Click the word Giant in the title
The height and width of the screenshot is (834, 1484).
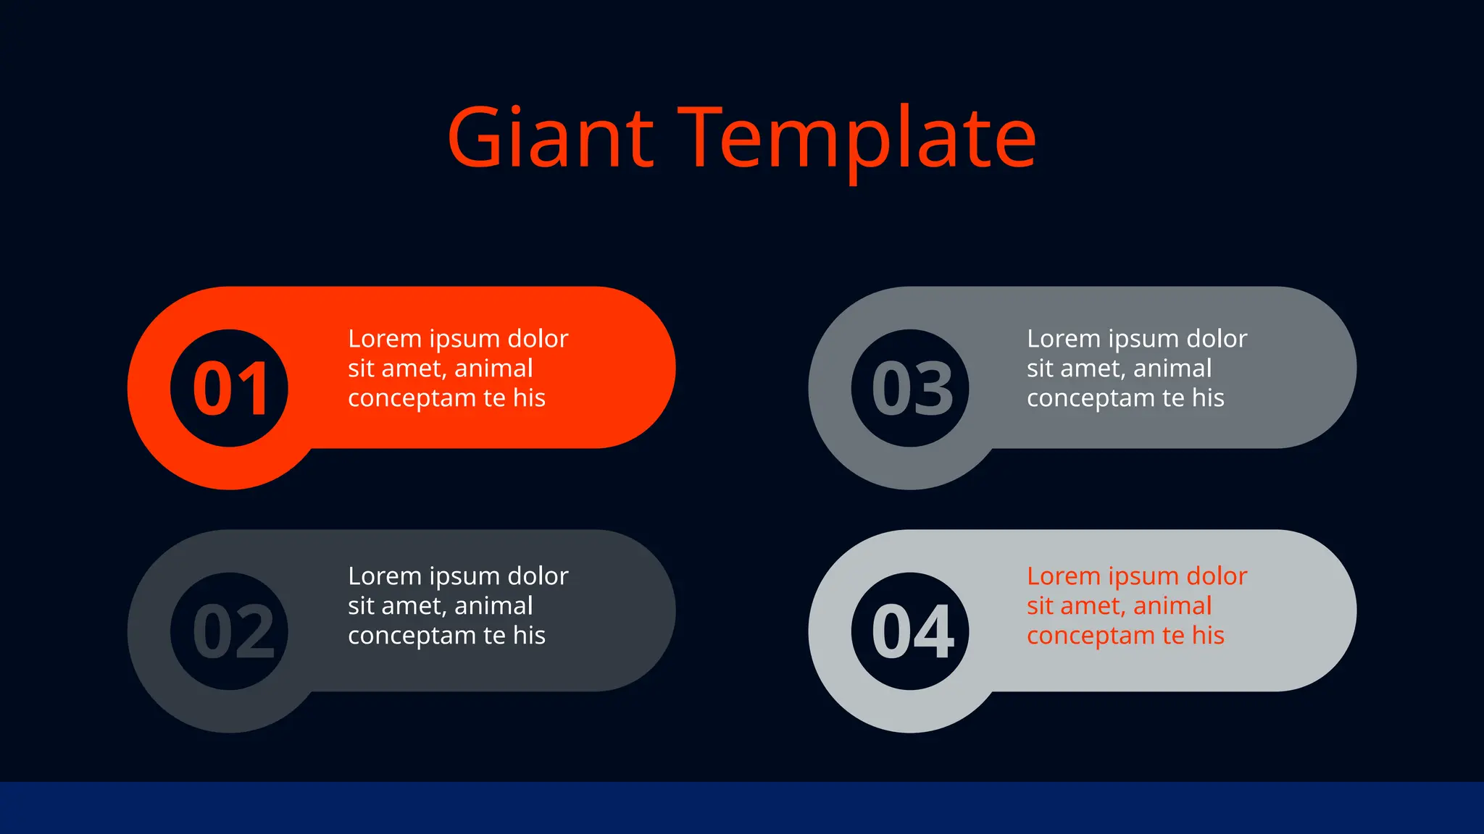coord(551,138)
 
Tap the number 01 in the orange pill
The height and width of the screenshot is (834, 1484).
coord(230,389)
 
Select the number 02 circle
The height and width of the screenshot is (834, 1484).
coord(230,631)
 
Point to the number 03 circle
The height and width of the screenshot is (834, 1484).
coord(911,389)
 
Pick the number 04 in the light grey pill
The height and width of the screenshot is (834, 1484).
coord(911,631)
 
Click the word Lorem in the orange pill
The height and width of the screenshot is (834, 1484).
coord(384,339)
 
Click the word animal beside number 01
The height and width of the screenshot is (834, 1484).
coord(493,368)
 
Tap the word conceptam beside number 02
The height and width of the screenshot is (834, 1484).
coord(412,636)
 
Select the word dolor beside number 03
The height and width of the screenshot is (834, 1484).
coord(1217,339)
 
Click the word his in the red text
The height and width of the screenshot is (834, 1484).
coord(1208,636)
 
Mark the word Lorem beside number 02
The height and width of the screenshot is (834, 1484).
coord(384,576)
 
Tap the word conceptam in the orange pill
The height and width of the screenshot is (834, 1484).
coord(412,398)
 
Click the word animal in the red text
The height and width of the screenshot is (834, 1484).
coord(1172,606)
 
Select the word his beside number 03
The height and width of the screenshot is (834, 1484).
coord(1208,398)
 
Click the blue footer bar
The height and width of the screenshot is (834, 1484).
coord(742,808)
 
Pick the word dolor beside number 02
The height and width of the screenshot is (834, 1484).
coord(538,576)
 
